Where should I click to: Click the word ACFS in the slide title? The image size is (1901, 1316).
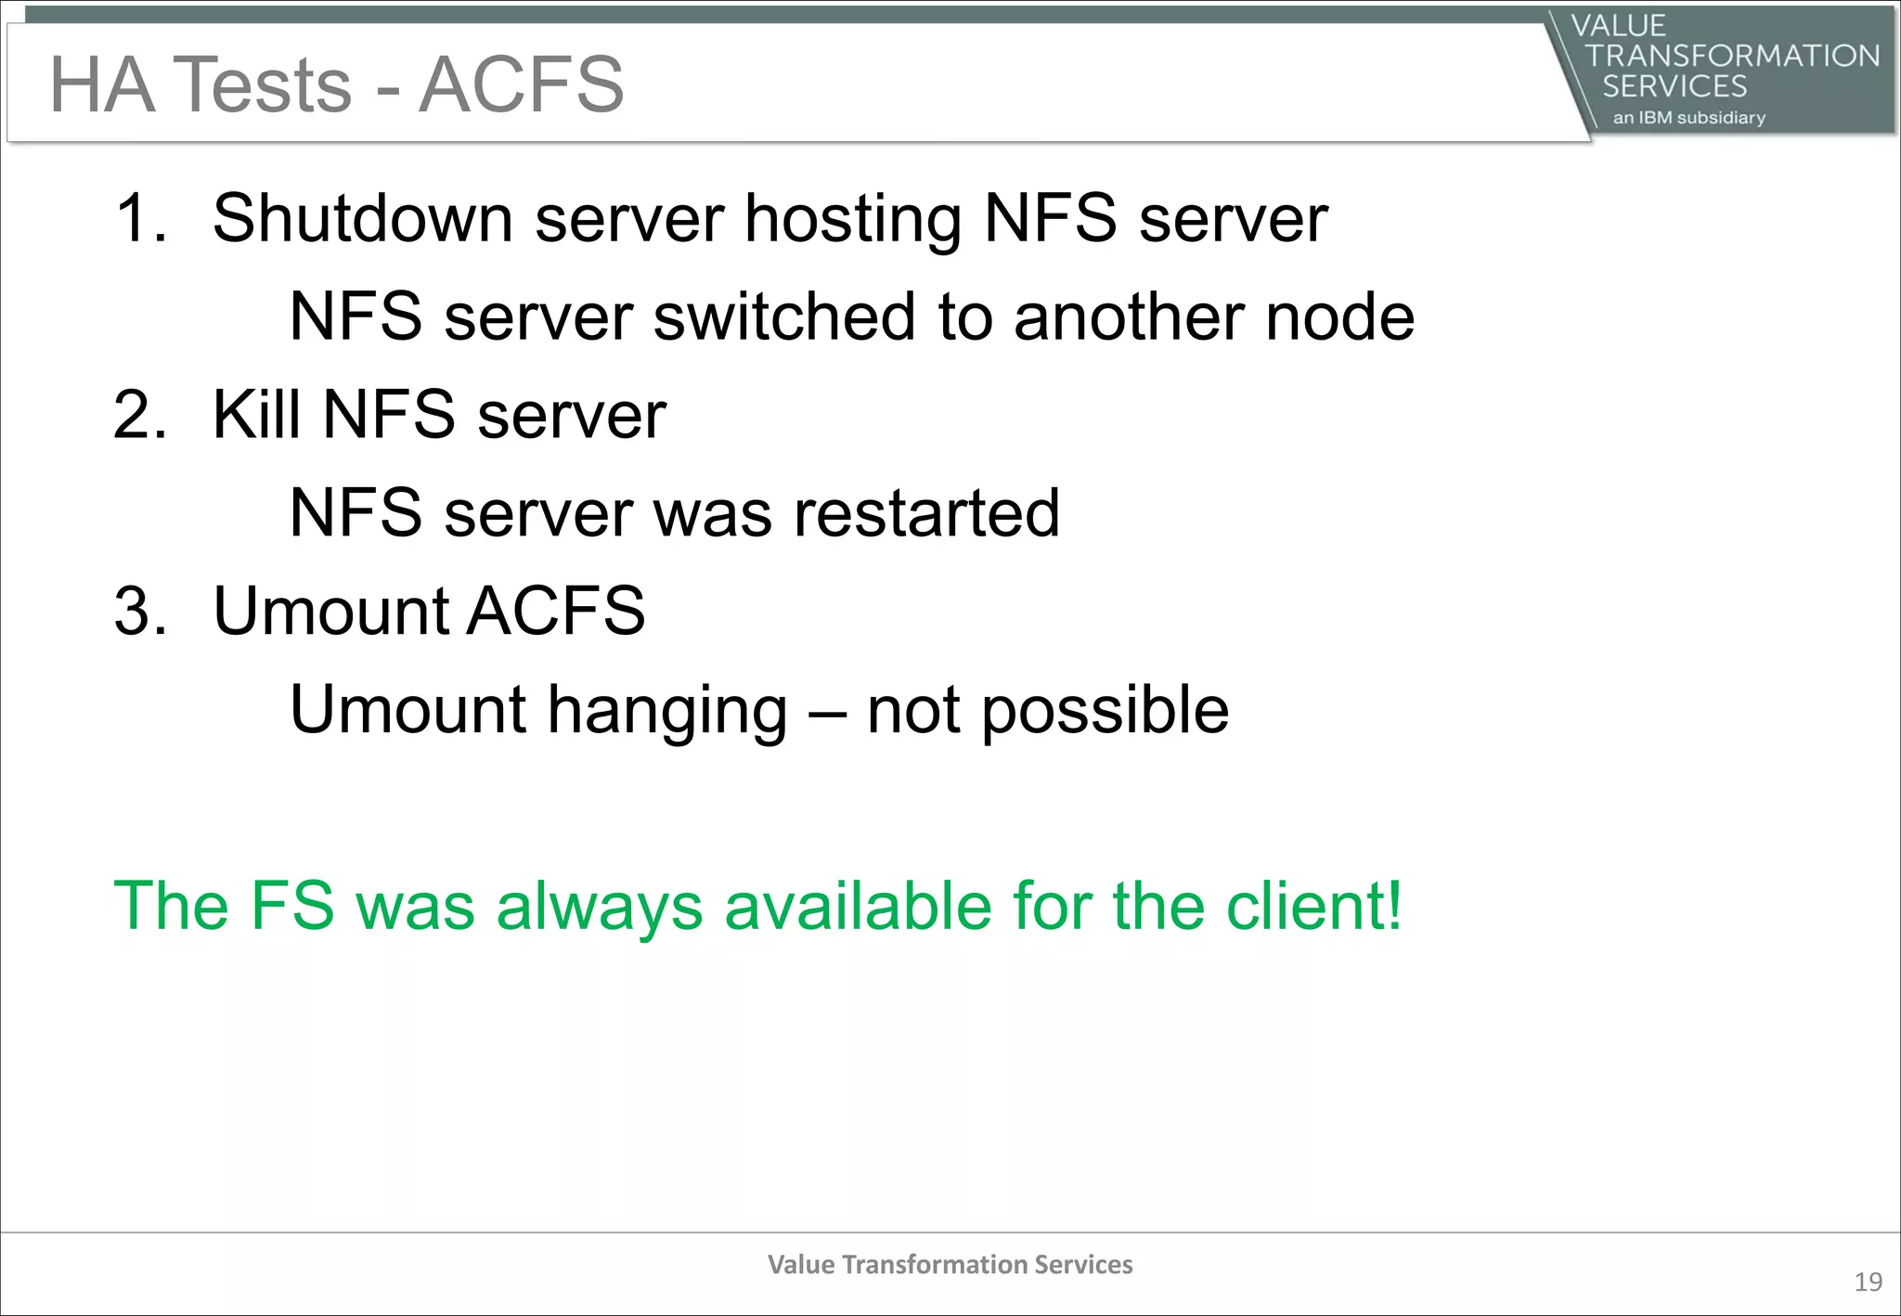click(x=521, y=84)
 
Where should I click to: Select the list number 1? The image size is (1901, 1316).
click(x=139, y=219)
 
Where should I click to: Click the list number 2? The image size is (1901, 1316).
click(x=139, y=415)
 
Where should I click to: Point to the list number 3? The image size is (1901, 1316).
click(x=139, y=612)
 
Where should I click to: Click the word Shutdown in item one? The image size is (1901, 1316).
click(x=363, y=219)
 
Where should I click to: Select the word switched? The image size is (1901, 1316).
click(x=786, y=317)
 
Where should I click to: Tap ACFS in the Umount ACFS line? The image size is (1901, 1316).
click(x=555, y=612)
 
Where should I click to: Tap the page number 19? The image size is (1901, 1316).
click(x=1868, y=1283)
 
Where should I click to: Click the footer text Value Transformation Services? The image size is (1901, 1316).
click(x=950, y=1265)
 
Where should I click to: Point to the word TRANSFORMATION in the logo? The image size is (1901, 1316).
click(x=1732, y=56)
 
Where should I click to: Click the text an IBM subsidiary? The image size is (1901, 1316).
click(x=1688, y=118)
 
